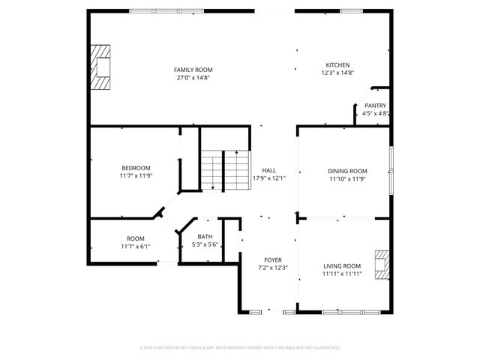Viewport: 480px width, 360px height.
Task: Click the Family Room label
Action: click(x=193, y=69)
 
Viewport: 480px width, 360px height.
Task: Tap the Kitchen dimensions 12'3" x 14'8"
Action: click(x=337, y=73)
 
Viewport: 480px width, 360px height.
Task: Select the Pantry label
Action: click(x=375, y=106)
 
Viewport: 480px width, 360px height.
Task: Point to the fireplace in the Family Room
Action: click(x=100, y=67)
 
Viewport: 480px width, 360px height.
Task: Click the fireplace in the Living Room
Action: click(x=382, y=264)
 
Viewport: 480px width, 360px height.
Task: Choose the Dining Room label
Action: click(x=347, y=171)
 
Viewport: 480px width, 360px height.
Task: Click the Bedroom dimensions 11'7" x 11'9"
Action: click(x=136, y=175)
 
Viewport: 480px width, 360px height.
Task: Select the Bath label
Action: click(x=205, y=237)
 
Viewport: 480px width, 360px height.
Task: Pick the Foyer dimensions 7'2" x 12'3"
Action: click(x=272, y=267)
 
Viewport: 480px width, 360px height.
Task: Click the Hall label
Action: click(x=268, y=170)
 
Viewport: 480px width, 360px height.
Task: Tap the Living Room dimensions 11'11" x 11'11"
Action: click(x=342, y=274)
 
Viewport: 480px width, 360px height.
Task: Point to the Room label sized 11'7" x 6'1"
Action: click(x=135, y=238)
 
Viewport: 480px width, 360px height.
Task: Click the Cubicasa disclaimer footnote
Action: click(x=240, y=347)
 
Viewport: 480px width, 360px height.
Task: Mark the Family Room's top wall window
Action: click(x=156, y=10)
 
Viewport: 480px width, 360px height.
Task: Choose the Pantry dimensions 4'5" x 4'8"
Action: click(x=375, y=113)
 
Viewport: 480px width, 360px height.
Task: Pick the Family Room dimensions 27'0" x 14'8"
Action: click(x=193, y=76)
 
